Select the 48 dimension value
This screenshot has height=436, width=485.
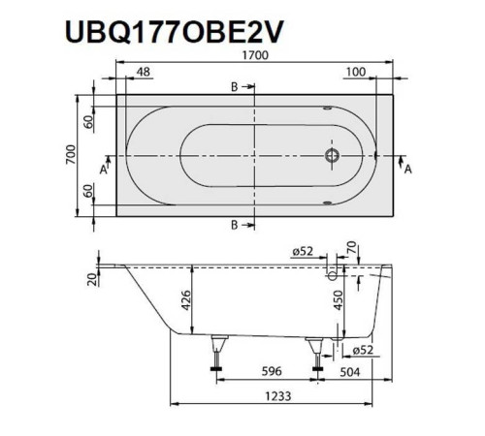143,73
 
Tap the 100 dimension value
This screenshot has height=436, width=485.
355,73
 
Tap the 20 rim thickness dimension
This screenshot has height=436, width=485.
88,281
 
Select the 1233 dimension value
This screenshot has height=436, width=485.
275,396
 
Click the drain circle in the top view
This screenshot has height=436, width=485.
333,154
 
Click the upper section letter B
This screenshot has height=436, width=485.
234,87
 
